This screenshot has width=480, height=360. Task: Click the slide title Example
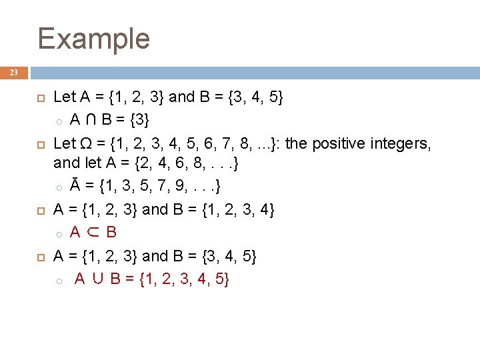coord(94,38)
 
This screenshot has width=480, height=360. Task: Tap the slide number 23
coord(14,73)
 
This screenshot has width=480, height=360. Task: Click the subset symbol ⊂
coord(93,232)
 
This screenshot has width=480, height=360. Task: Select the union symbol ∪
coord(98,279)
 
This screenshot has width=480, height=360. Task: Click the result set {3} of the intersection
coord(139,120)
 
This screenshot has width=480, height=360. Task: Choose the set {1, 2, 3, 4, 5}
coord(185,279)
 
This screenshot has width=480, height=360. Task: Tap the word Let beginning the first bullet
coord(65,97)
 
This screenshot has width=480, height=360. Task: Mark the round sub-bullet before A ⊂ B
coord(59,233)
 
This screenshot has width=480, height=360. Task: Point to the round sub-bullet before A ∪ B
coord(59,281)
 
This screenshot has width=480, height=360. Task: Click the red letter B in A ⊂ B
coord(111,232)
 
